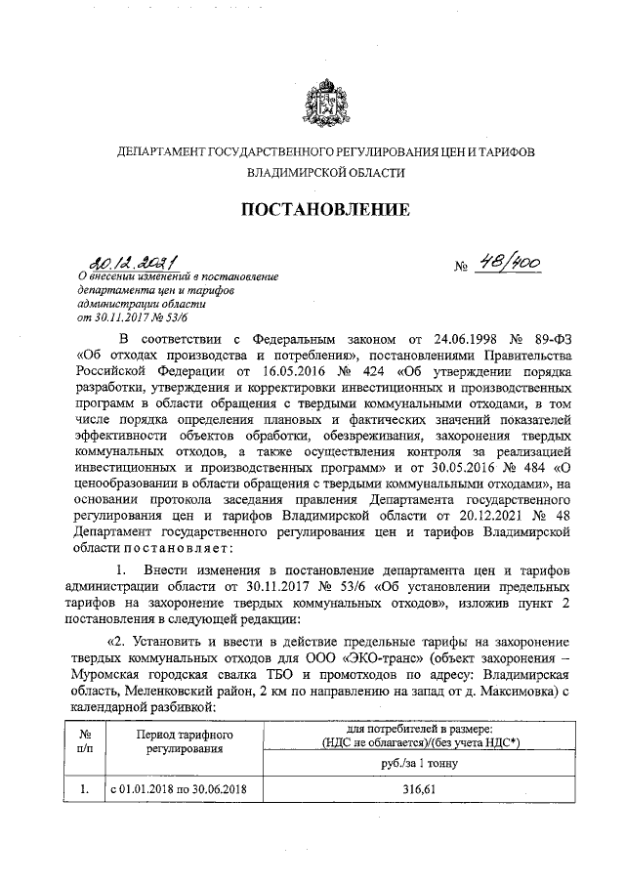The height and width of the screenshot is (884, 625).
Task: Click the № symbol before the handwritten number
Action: point(462,268)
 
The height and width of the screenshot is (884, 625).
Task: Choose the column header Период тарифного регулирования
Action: point(183,741)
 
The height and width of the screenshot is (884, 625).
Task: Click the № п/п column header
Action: point(85,741)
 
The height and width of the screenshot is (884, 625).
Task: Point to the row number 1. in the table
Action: point(85,789)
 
